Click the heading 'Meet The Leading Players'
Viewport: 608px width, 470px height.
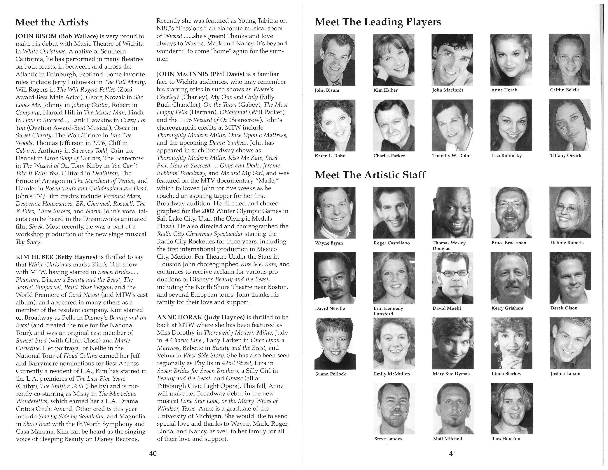378,22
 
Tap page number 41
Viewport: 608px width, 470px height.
452,453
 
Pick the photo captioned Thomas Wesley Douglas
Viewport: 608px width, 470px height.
452,213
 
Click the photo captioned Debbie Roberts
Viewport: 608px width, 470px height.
570,213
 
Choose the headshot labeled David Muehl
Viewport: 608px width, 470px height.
452,278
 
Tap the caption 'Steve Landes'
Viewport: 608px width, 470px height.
388,439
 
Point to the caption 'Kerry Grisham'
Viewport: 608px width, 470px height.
507,308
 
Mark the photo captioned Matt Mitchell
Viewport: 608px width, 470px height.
452,408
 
